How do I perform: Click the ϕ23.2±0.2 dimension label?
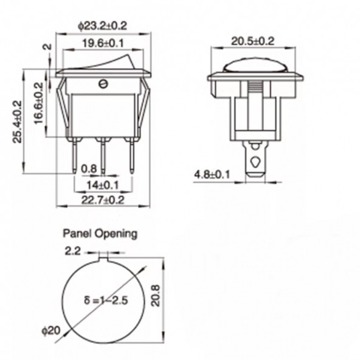pyautogui.click(x=103, y=26)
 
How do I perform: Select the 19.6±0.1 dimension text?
pyautogui.click(x=103, y=43)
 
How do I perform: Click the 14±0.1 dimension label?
pyautogui.click(x=103, y=184)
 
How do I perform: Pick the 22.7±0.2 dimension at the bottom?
pyautogui.click(x=103, y=199)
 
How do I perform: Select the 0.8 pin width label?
pyautogui.click(x=89, y=169)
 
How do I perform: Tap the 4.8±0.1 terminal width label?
pyautogui.click(x=212, y=175)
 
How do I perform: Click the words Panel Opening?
pyautogui.click(x=100, y=233)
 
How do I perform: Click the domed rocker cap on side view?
pyautogui.click(x=255, y=66)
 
